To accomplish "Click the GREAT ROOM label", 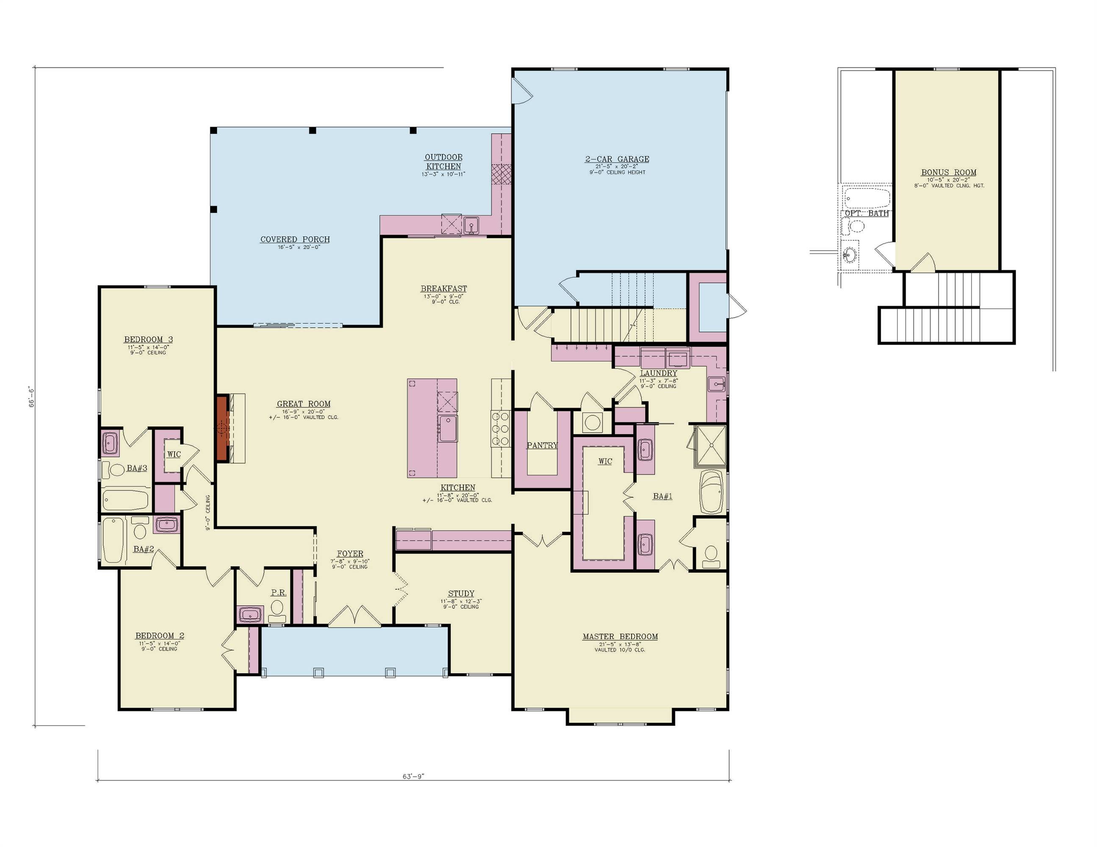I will coord(303,404).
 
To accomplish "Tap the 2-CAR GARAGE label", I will coord(617,159).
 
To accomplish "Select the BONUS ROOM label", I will coord(948,172).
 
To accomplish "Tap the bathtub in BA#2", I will coord(113,540).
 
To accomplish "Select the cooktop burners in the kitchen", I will coord(500,428).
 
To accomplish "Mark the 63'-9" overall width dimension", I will coord(413,776).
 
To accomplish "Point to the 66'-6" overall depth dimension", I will coord(31,396).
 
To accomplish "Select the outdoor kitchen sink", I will coord(471,224).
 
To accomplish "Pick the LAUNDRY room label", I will coord(658,373).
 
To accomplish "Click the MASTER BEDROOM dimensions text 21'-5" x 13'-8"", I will coord(620,644).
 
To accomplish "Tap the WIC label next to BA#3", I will coord(174,454).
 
